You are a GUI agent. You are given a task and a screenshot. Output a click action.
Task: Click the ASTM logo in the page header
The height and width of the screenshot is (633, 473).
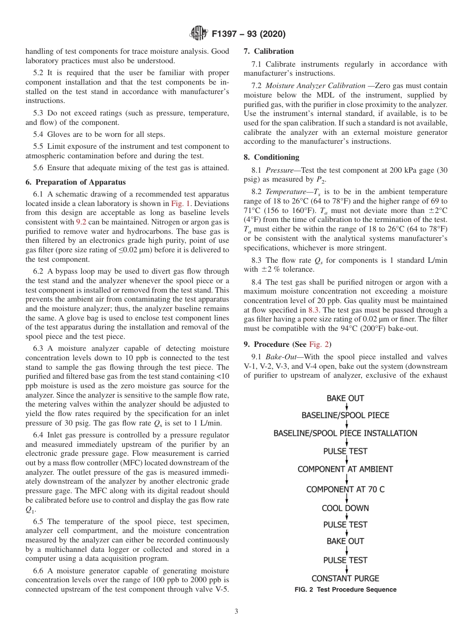(199, 34)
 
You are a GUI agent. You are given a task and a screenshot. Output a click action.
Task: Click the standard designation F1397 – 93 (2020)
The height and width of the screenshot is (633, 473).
(248, 34)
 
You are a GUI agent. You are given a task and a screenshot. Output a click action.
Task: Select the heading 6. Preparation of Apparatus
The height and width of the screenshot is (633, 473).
(76, 182)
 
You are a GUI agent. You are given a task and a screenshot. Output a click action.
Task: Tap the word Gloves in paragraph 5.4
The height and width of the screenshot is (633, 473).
(57, 134)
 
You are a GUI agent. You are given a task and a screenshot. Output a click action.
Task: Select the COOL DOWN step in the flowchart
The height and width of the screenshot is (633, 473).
(346, 508)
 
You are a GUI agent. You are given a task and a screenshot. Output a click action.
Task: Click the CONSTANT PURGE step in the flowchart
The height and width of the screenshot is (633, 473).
(346, 578)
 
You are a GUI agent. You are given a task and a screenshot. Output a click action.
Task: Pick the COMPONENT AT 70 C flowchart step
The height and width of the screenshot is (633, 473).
(346, 489)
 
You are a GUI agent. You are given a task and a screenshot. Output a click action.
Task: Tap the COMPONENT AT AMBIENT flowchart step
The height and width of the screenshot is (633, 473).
(346, 469)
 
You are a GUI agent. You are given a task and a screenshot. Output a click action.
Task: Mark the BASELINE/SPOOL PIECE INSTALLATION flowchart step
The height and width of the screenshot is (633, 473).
(346, 433)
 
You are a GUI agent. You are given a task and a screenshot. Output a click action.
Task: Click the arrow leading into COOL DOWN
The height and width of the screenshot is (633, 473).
(346, 499)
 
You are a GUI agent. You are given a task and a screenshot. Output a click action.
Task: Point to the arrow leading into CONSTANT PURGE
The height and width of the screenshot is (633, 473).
(346, 569)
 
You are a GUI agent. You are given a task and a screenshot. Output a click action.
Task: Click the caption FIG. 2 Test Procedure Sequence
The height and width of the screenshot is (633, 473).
(346, 590)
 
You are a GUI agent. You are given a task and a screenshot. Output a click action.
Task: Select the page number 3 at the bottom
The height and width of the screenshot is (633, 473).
(236, 612)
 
